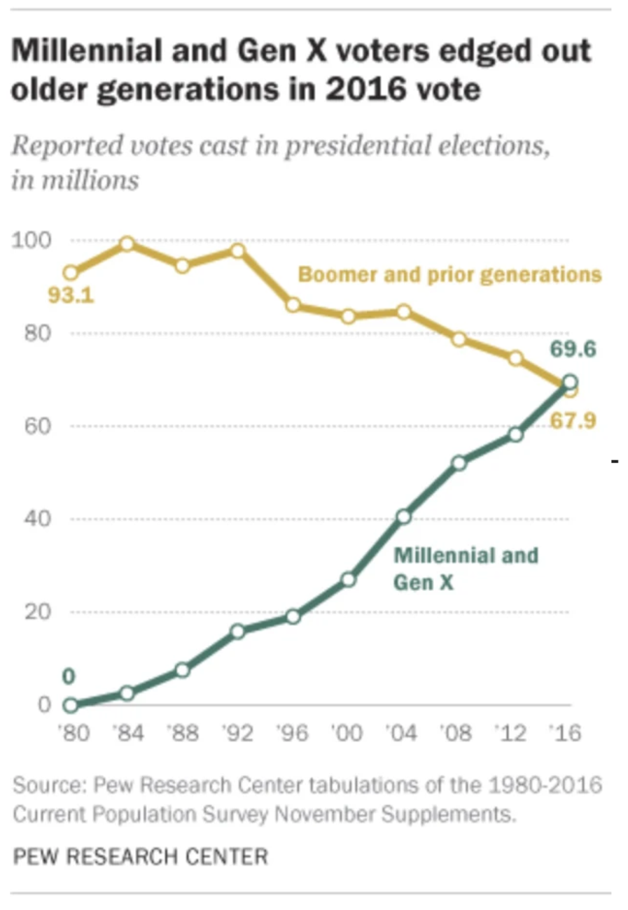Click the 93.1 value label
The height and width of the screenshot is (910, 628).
pos(71,297)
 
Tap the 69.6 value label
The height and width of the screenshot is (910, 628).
pos(572,350)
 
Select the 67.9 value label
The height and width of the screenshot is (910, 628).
pos(572,422)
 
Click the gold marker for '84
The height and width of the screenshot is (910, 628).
pos(127,244)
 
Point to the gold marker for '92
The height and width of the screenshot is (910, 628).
pos(237,250)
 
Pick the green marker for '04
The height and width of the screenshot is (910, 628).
pos(403,517)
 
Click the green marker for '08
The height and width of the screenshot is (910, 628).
pos(459,463)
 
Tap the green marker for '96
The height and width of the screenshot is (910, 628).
pos(293,617)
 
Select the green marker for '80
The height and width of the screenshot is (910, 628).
pos(71,705)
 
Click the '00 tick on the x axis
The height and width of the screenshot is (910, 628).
pos(347,733)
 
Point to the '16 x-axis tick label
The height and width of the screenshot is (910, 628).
pos(567,733)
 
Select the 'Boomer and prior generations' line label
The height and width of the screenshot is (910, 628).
pos(450,273)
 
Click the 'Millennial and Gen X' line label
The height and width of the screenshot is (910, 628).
pos(465,568)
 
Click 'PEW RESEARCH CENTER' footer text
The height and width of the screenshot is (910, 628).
pos(140,856)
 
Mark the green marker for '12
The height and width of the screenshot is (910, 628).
pos(515,434)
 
